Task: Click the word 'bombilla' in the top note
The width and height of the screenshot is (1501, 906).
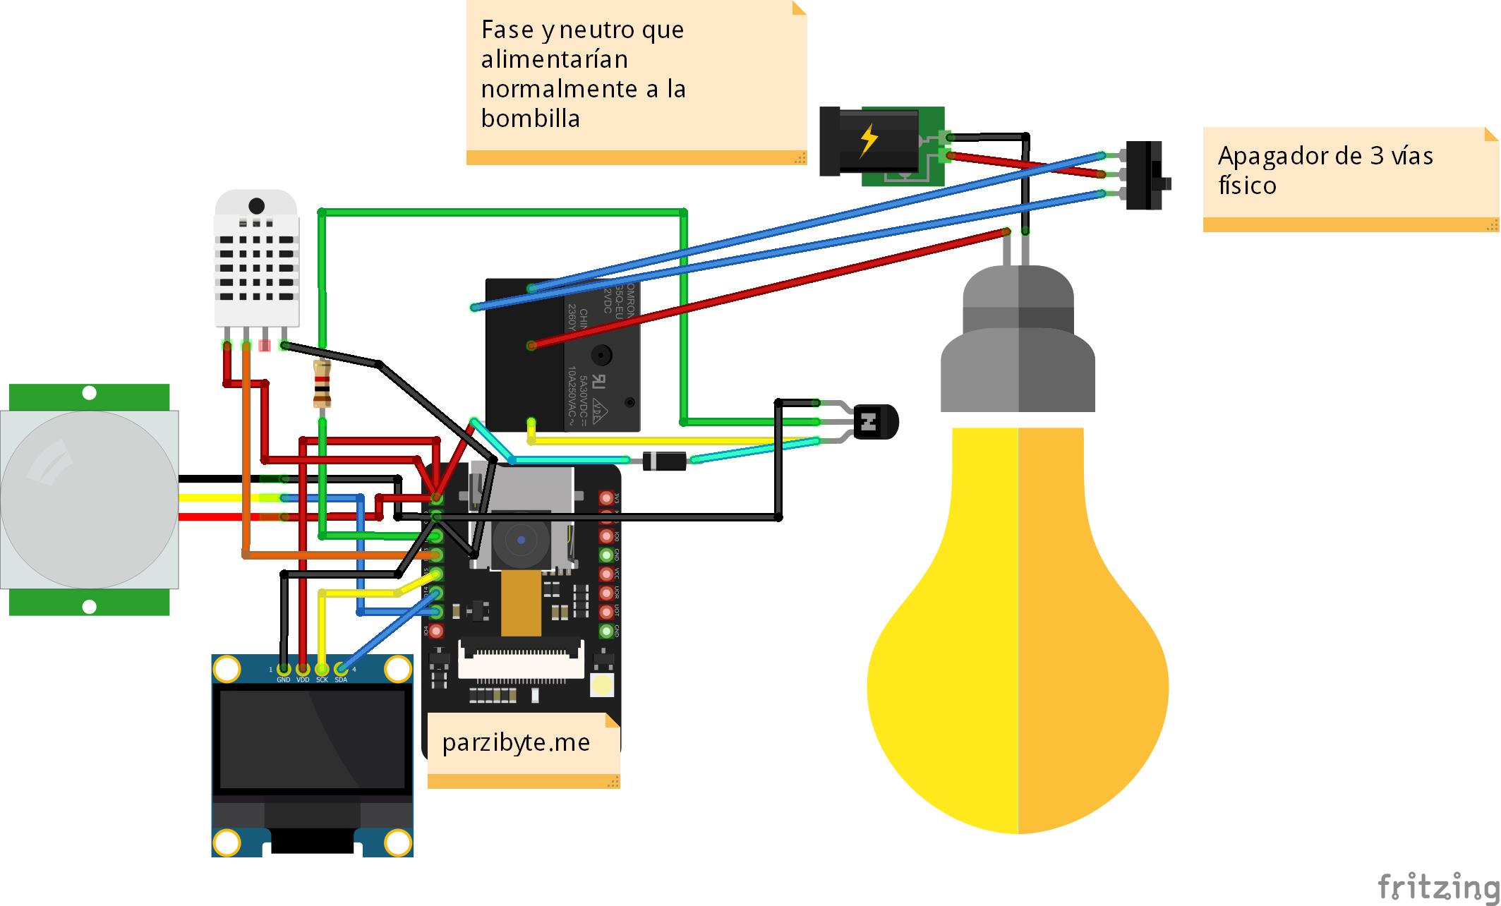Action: tap(530, 119)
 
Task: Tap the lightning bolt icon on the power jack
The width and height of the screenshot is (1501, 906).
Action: tap(868, 141)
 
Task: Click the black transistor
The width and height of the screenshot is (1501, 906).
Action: tap(874, 422)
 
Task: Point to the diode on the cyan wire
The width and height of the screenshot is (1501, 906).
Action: tap(664, 461)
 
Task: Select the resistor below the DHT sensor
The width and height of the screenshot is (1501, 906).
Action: tap(322, 383)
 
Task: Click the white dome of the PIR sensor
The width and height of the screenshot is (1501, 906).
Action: tap(88, 499)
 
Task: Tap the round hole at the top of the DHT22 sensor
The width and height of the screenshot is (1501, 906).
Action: tap(256, 206)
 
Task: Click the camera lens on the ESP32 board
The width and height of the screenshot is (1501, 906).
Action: tap(521, 540)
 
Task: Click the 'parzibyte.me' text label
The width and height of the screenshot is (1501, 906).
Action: tap(516, 742)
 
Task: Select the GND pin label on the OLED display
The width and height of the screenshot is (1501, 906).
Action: tap(283, 679)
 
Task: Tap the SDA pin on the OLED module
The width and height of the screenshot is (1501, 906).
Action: tap(341, 669)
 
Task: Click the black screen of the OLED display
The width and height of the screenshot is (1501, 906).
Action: tap(313, 739)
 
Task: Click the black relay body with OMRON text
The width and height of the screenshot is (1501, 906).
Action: tap(562, 353)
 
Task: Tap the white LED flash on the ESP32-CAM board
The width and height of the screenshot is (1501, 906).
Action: tap(602, 684)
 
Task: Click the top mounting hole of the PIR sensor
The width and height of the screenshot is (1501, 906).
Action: tap(89, 393)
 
